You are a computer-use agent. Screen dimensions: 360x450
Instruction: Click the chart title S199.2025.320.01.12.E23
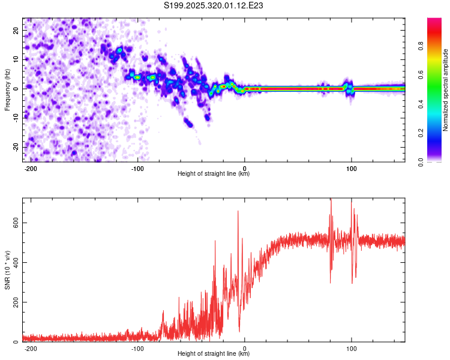(x=214, y=5)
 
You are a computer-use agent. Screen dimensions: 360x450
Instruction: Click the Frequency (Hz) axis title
(x=7, y=90)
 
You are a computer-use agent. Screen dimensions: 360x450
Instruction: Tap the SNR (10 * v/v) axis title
(x=7, y=270)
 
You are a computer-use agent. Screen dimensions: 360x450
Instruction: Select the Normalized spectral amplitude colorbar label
(x=446, y=90)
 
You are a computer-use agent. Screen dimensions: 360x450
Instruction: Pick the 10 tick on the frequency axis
(x=16, y=59)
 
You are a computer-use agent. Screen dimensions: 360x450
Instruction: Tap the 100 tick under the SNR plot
(x=352, y=348)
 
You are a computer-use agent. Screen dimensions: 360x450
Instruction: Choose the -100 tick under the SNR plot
(x=137, y=348)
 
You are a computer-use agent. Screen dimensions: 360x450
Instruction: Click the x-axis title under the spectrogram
(x=214, y=174)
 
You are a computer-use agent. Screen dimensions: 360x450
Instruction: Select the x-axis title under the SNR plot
(x=214, y=354)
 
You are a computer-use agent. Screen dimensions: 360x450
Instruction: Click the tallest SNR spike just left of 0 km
(x=238, y=211)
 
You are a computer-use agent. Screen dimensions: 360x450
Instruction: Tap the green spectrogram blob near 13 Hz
(x=119, y=50)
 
